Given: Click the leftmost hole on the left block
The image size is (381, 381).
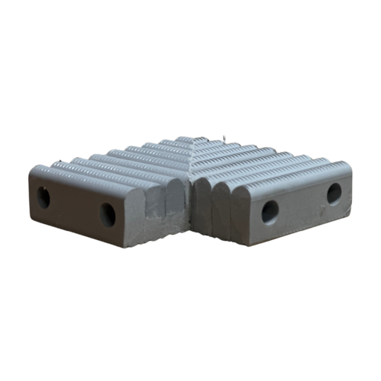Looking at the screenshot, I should pos(43,197).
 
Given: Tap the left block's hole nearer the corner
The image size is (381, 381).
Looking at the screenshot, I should pos(108,214).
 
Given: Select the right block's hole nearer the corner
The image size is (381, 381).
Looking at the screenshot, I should pos(270,211).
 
